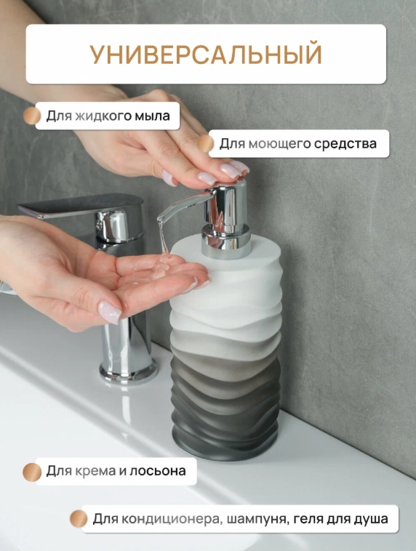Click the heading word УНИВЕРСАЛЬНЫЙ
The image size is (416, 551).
206,55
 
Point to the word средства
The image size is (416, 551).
345,144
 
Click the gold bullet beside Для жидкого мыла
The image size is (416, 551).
31,116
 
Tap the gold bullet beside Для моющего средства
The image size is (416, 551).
206,144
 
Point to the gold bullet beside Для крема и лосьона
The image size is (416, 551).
31,472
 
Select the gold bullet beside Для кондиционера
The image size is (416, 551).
78,519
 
